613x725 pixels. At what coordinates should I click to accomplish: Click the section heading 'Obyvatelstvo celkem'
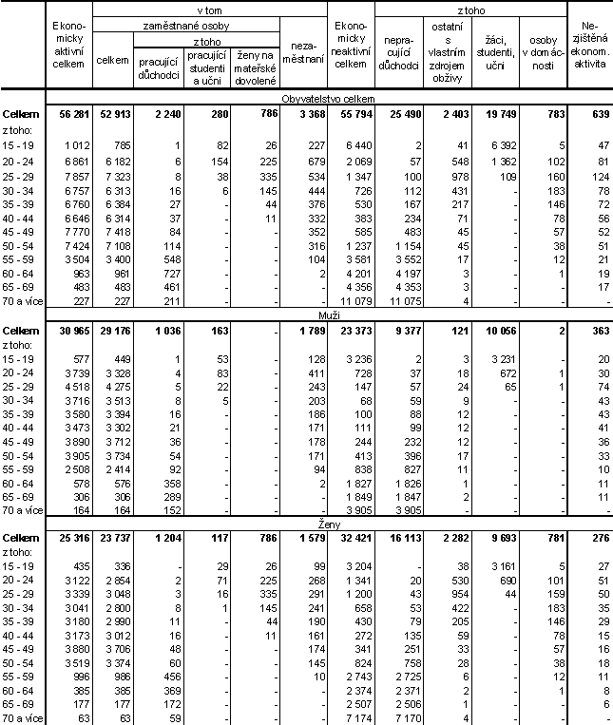[329, 98]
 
